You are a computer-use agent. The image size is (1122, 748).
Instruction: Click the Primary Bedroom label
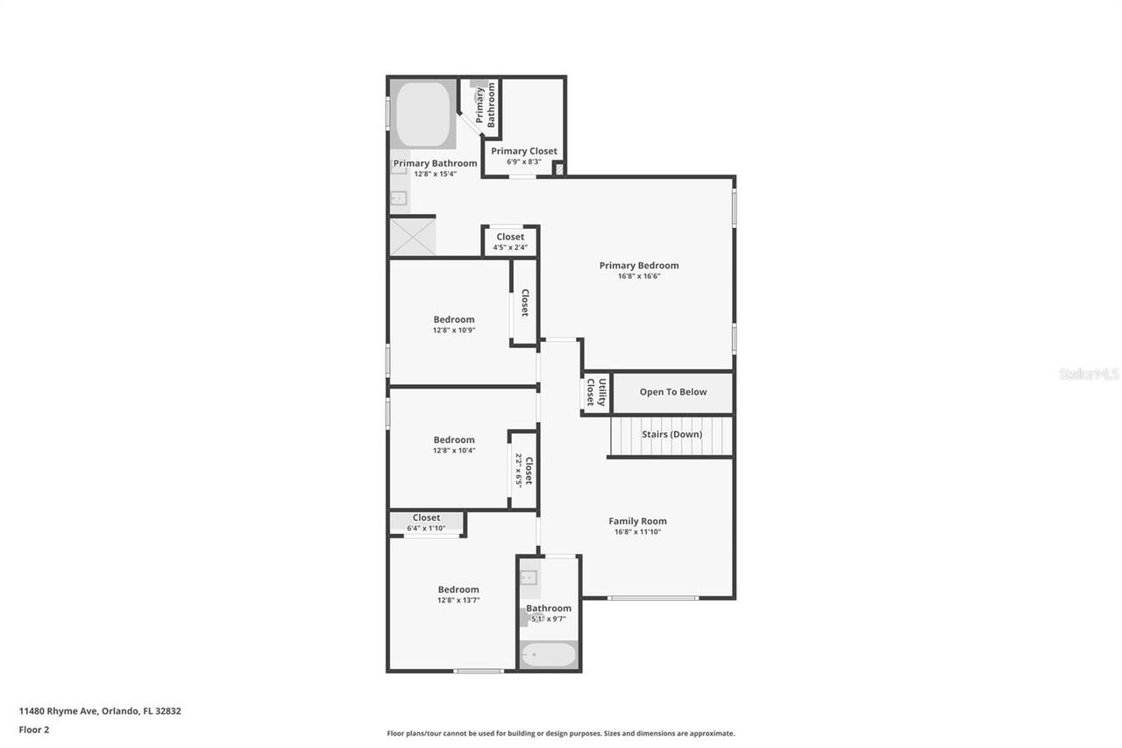(x=638, y=266)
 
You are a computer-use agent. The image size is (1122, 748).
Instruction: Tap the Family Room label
(x=637, y=521)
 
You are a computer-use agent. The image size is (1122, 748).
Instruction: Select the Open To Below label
(x=672, y=392)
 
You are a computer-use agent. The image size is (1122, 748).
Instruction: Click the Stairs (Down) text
(x=671, y=434)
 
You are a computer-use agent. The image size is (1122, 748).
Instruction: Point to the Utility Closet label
(x=595, y=392)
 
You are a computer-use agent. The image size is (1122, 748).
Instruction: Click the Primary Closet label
(x=523, y=151)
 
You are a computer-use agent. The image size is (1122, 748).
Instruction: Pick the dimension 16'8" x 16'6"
(x=638, y=276)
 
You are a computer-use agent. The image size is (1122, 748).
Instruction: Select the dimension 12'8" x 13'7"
(x=458, y=601)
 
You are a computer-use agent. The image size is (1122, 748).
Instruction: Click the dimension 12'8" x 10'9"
(x=453, y=331)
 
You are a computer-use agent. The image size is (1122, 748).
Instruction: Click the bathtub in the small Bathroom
(x=548, y=655)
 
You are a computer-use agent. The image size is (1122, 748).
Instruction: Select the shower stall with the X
(x=412, y=237)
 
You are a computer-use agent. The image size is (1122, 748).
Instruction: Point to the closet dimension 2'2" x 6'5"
(x=519, y=470)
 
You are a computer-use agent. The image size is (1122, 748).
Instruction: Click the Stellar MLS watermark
(x=1089, y=374)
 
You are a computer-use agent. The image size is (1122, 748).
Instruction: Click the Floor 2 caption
(x=34, y=730)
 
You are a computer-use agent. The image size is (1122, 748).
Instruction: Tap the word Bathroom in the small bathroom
(x=549, y=608)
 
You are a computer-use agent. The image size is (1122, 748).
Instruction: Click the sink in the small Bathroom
(x=529, y=577)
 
